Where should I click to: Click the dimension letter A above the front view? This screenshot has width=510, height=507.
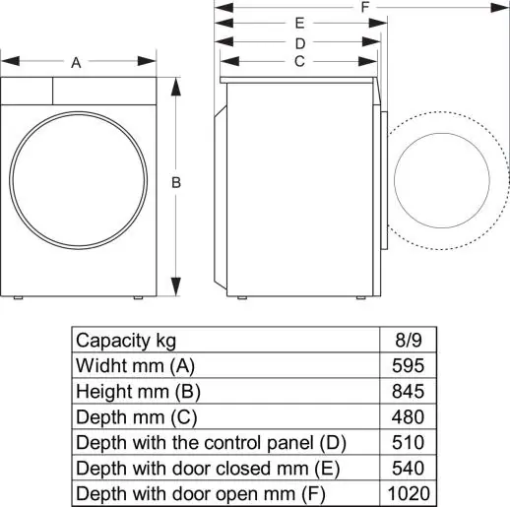pyautogui.click(x=76, y=63)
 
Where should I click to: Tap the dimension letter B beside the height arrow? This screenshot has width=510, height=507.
pyautogui.click(x=175, y=182)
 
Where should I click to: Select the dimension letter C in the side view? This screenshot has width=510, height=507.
pyautogui.click(x=299, y=61)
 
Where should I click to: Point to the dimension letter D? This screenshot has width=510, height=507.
pyautogui.click(x=299, y=42)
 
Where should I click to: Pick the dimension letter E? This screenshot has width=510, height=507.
pyautogui.click(x=299, y=23)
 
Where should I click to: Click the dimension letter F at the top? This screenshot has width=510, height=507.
pyautogui.click(x=365, y=7)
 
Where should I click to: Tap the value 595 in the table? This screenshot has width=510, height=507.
pyautogui.click(x=406, y=365)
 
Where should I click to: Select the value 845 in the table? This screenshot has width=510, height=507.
pyautogui.click(x=406, y=391)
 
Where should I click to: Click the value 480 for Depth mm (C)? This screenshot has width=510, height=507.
pyautogui.click(x=406, y=416)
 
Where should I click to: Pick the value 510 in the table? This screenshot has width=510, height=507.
pyautogui.click(x=406, y=442)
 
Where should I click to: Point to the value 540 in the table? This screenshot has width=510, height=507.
pyautogui.click(x=406, y=468)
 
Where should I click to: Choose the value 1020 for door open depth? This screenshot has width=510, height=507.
pyautogui.click(x=406, y=493)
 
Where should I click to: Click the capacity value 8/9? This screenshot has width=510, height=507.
pyautogui.click(x=406, y=340)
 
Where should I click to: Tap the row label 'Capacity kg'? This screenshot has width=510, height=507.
pyautogui.click(x=126, y=340)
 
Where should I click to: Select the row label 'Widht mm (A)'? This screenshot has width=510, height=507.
pyautogui.click(x=136, y=365)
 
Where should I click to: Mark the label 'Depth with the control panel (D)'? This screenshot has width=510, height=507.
pyautogui.click(x=211, y=442)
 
